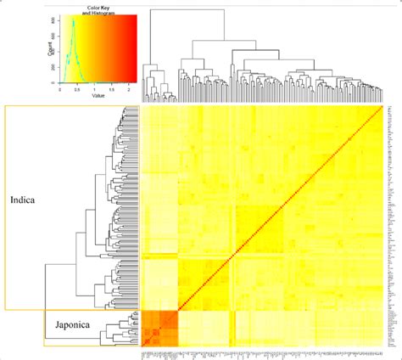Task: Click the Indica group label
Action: click(23, 201)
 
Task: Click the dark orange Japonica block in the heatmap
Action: click(157, 325)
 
